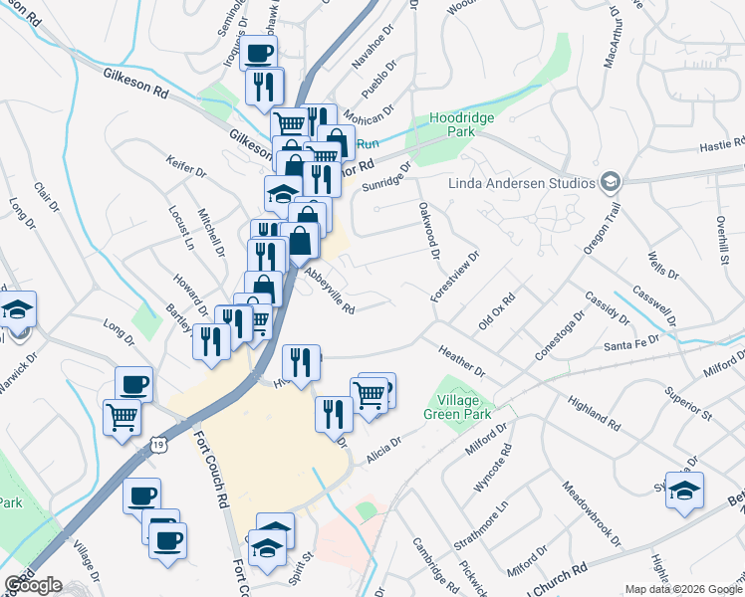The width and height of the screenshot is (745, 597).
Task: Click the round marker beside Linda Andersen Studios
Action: pyautogui.click(x=610, y=182)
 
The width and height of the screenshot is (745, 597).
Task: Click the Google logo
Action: pyautogui.click(x=33, y=585)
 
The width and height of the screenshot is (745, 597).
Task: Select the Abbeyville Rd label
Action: pyautogui.click(x=330, y=290)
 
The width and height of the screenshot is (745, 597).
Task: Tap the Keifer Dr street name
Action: pyautogui.click(x=186, y=171)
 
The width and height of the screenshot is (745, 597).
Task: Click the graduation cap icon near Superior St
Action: pyautogui.click(x=684, y=489)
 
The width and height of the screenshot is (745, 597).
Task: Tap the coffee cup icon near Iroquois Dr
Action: pyautogui.click(x=258, y=53)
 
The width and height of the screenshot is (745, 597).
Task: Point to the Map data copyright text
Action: pyautogui.click(x=683, y=589)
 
